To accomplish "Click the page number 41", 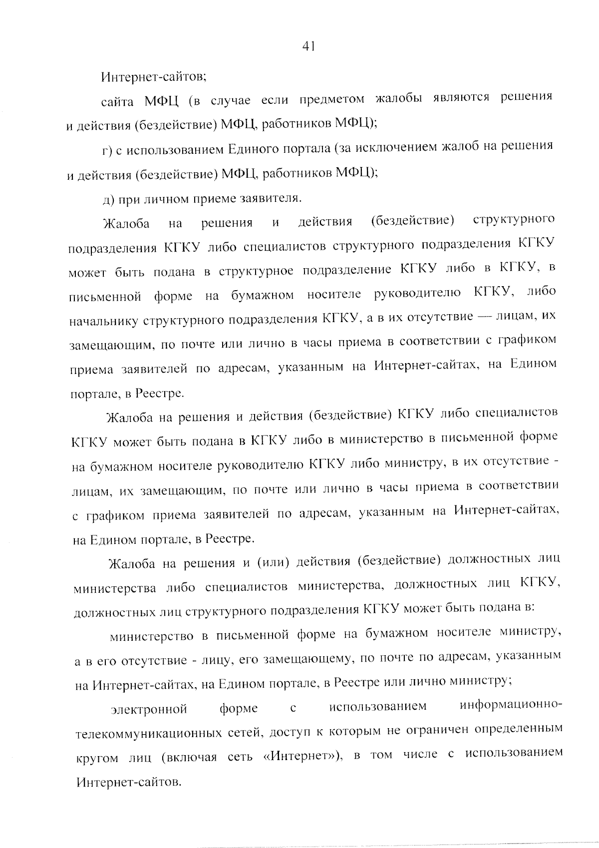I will [x=308, y=46].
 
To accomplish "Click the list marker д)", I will [x=107, y=199].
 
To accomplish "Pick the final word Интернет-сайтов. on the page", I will [x=128, y=781].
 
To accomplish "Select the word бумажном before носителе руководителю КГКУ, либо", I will [x=262, y=295].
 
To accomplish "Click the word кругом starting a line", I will [x=96, y=758].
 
